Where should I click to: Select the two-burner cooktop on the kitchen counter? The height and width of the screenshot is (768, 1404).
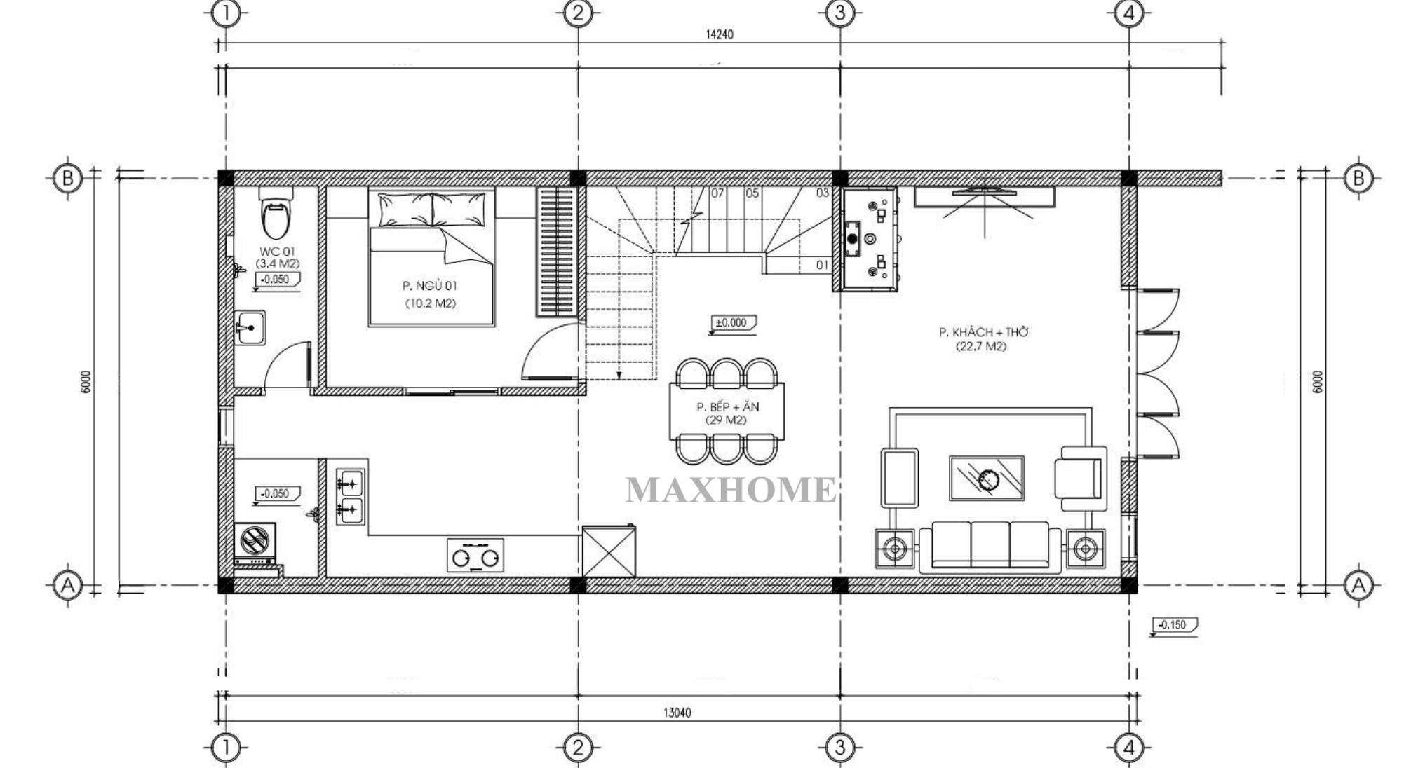coord(475,555)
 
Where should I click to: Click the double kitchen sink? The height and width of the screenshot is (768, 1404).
coord(351,497)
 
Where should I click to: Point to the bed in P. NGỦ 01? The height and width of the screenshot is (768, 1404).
coord(432,257)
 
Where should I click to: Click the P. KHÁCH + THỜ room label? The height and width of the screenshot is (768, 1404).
coord(983,332)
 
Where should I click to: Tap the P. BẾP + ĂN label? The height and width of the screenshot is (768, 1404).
coord(727,407)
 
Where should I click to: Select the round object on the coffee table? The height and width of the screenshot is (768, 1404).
coord(989,480)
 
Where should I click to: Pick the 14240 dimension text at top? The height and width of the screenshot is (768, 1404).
coord(719,34)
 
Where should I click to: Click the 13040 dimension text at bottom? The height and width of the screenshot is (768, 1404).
coord(677,713)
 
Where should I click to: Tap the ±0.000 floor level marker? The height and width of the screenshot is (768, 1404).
coord(732,324)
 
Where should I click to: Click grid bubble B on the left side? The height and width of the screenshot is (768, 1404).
coord(67,178)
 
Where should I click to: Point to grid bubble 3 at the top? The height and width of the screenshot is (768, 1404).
coord(840,13)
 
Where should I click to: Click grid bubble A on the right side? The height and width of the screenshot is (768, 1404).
coord(1358,584)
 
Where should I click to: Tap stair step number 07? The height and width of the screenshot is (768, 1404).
coord(717,193)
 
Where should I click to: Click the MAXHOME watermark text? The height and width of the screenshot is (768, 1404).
coord(731,490)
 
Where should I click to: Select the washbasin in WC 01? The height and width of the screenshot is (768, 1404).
coord(250,327)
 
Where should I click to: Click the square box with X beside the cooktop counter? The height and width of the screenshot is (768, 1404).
coord(609,552)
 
